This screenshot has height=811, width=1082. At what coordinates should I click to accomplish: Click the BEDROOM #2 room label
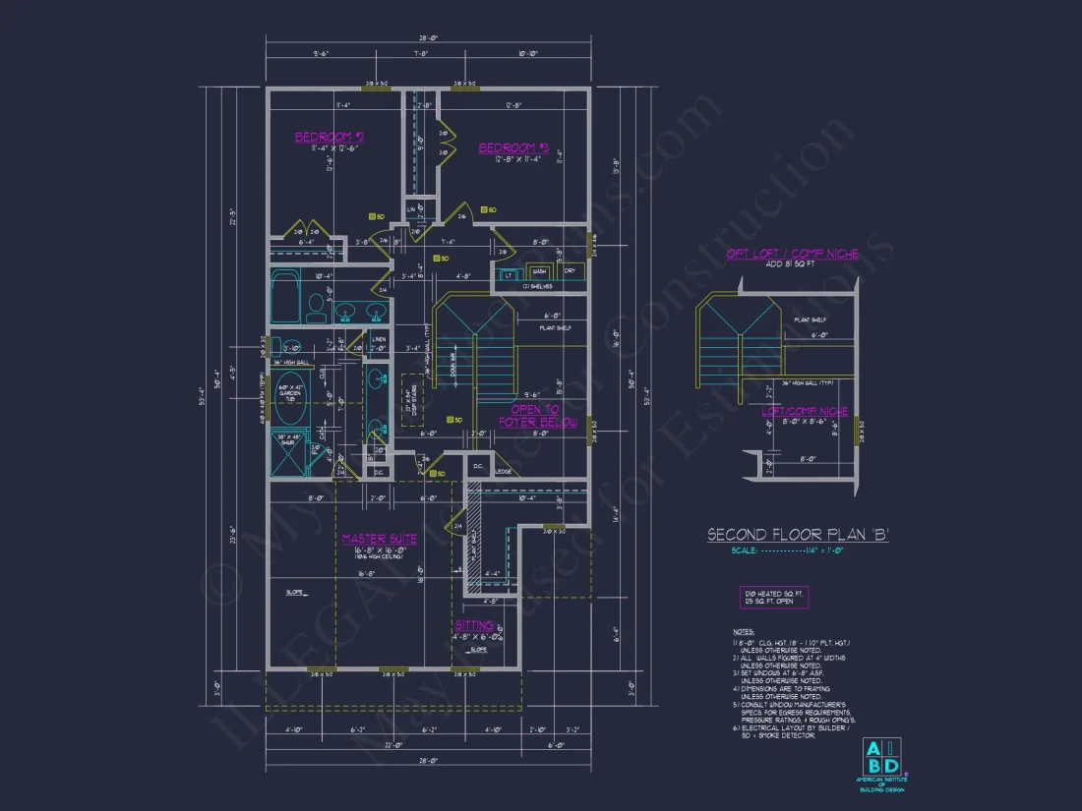pyautogui.click(x=330, y=137)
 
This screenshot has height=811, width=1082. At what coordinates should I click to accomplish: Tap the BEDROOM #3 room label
pyautogui.click(x=511, y=148)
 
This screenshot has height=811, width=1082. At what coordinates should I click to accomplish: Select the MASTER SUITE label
pyautogui.click(x=379, y=539)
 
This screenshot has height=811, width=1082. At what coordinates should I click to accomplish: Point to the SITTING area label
pyautogui.click(x=473, y=624)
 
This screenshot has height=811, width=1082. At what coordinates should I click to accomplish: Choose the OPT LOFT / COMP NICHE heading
pyautogui.click(x=792, y=254)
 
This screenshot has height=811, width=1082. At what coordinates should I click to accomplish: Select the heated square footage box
pyautogui.click(x=767, y=597)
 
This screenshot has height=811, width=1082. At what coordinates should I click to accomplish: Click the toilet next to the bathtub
pyautogui.click(x=315, y=306)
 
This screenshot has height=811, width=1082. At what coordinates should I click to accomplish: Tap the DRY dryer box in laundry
pyautogui.click(x=570, y=271)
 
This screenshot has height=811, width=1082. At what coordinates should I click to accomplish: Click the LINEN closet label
pyautogui.click(x=379, y=340)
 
